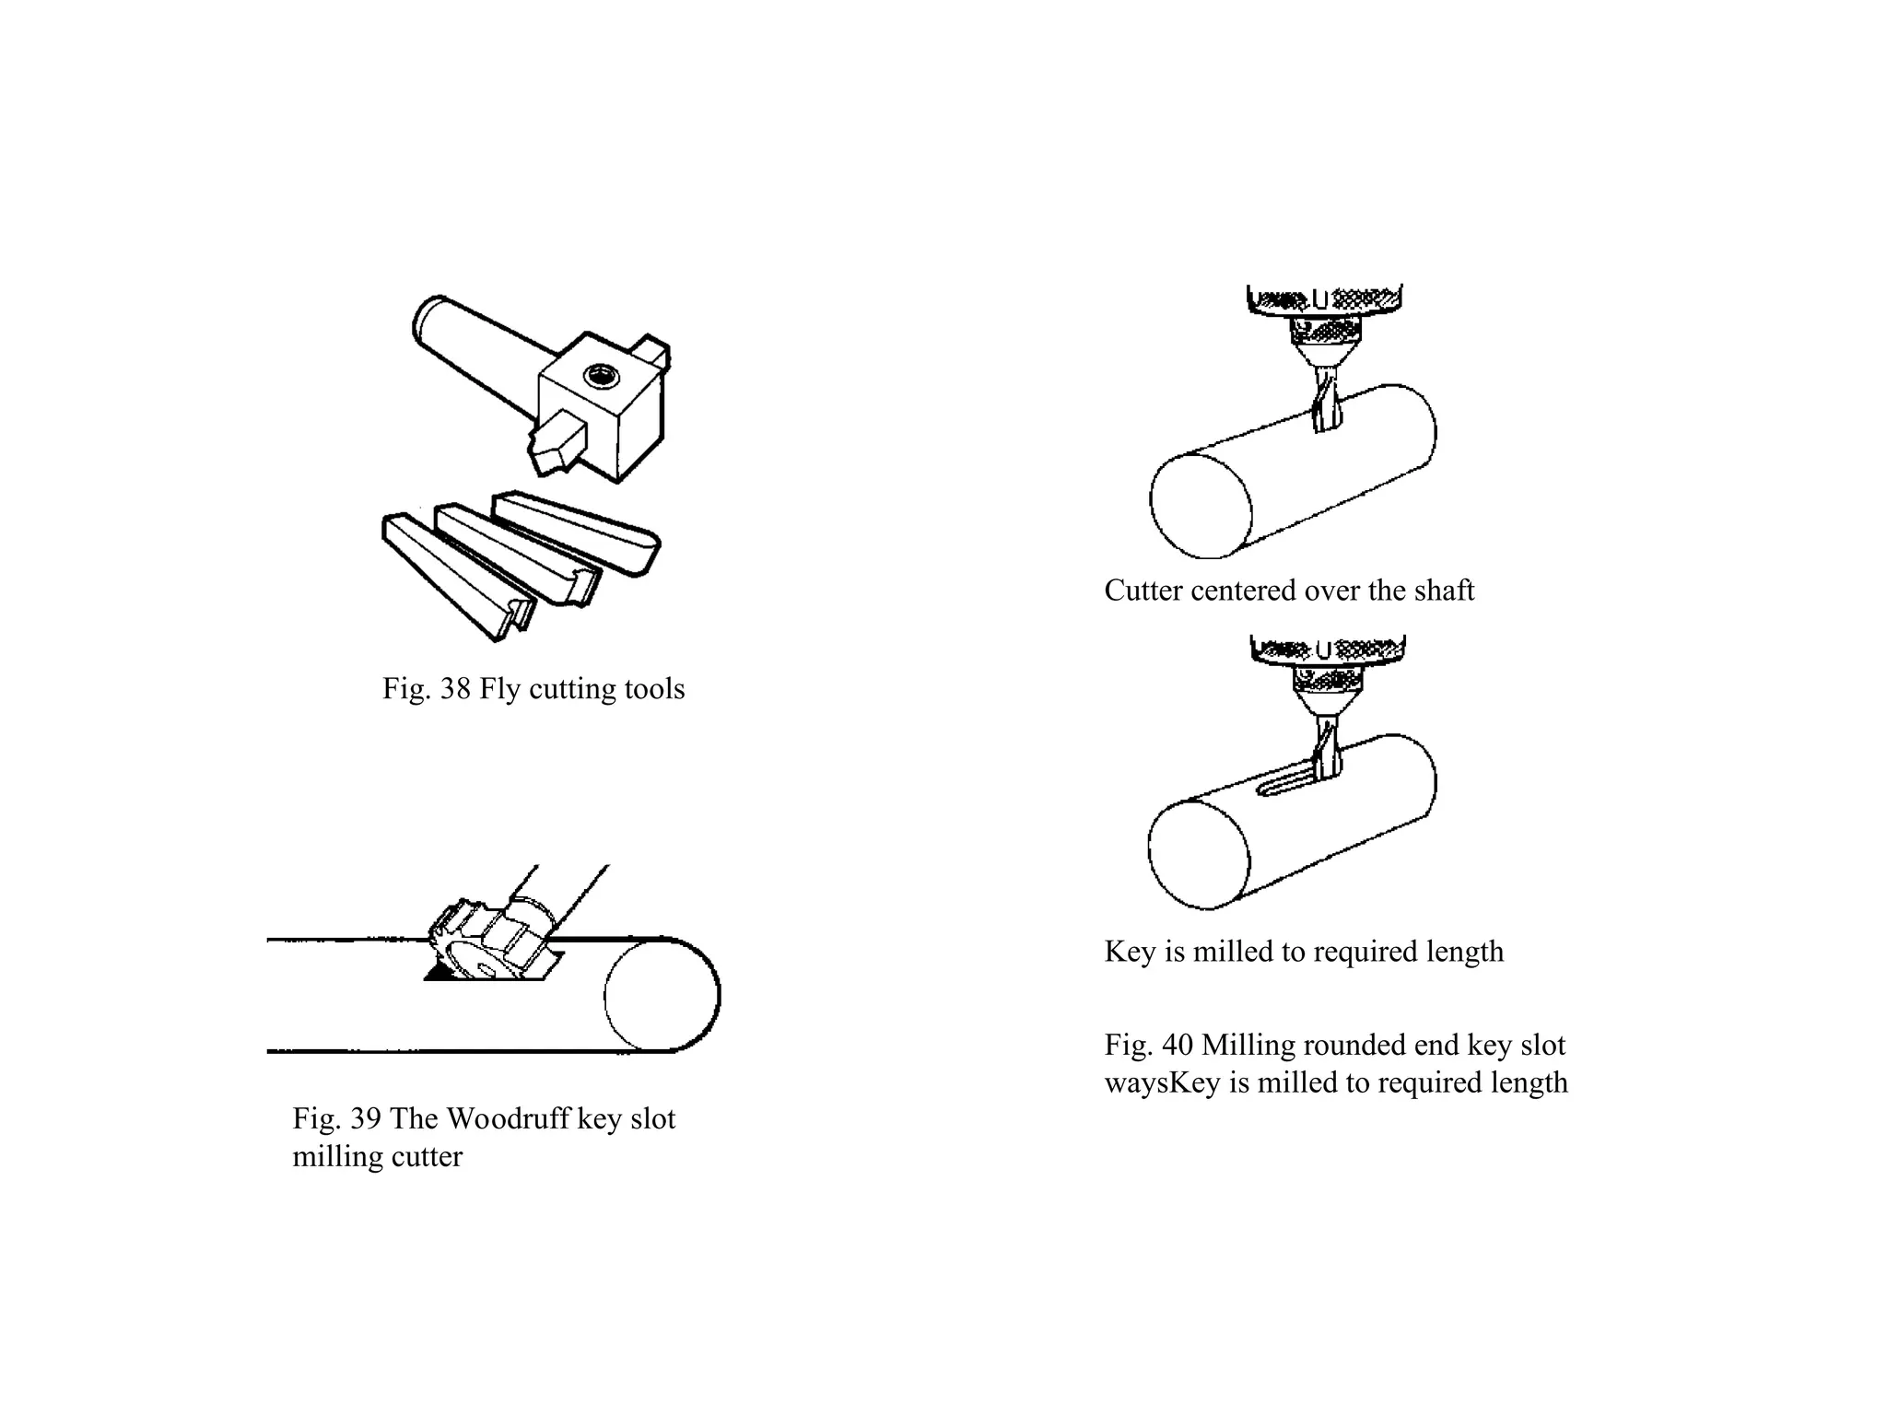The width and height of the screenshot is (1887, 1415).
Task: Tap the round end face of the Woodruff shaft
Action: (x=662, y=996)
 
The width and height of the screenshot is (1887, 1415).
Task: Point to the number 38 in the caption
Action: (x=455, y=689)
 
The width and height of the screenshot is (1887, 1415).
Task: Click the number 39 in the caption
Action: (x=365, y=1119)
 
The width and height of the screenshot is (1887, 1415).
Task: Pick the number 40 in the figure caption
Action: (x=1177, y=1046)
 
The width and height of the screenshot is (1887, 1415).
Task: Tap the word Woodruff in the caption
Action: (x=506, y=1119)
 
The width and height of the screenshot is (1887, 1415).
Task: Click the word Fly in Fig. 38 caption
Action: (x=499, y=689)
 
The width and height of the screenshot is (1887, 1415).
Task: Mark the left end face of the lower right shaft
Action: (x=1199, y=855)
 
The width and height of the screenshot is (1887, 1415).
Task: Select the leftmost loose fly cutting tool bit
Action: (x=456, y=576)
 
